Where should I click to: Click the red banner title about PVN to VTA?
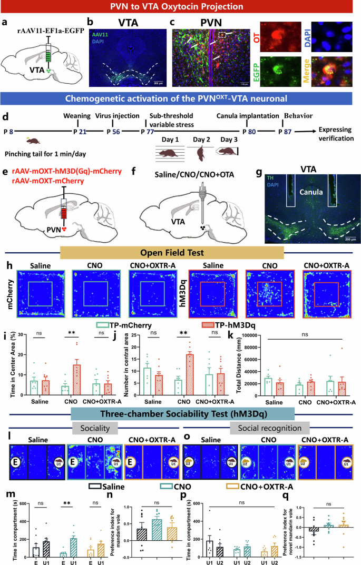point(180,7)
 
